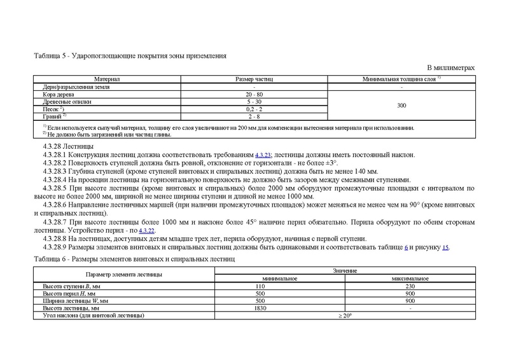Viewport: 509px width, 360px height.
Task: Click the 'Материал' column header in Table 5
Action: tap(107, 79)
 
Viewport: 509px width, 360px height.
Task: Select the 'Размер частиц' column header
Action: tap(254, 79)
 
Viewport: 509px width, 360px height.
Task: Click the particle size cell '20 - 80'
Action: tap(254, 94)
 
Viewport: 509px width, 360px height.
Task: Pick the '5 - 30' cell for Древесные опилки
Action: tap(254, 102)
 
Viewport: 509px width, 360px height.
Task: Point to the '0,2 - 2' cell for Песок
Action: tap(254, 109)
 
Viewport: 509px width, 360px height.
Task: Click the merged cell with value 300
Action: tap(401, 106)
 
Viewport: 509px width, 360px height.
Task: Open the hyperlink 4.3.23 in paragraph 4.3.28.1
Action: tap(263, 155)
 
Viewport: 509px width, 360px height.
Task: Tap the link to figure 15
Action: tap(446, 247)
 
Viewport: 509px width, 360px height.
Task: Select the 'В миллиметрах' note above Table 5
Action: tap(451, 67)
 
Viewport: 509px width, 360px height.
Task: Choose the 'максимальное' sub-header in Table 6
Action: tap(410, 279)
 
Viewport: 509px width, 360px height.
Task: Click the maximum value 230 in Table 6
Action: tap(410, 286)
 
